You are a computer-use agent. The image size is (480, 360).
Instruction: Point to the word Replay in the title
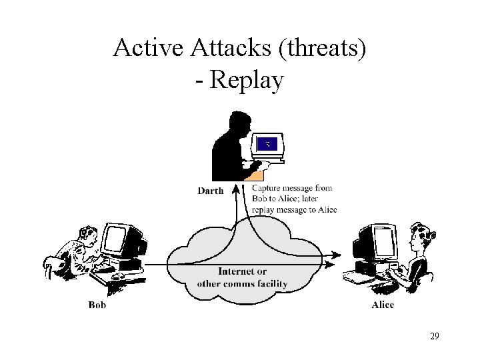pyautogui.click(x=247, y=81)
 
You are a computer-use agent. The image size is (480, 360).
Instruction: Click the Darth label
pyautogui.click(x=210, y=190)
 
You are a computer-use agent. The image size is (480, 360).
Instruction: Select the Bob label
pyautogui.click(x=97, y=305)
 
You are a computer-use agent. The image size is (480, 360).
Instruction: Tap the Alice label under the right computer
pyautogui.click(x=382, y=305)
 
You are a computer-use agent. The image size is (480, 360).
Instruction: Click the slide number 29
pyautogui.click(x=434, y=336)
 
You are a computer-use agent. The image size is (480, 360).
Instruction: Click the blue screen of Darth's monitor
pyautogui.click(x=268, y=143)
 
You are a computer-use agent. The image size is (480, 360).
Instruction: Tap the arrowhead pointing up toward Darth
pyautogui.click(x=235, y=190)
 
